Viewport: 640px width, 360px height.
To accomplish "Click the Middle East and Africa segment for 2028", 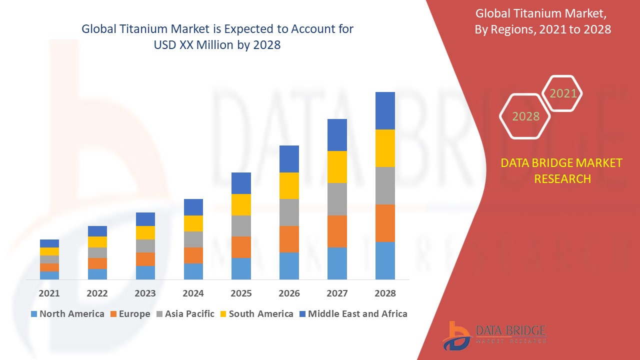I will point(385,110).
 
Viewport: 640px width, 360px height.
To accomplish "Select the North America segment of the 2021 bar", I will point(49,275).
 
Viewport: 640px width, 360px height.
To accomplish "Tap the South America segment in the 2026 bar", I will point(289,185).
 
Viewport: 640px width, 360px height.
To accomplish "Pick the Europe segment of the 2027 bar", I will point(337,231).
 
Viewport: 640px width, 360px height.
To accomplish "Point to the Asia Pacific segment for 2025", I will point(241,226).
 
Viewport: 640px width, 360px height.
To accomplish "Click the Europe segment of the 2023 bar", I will point(145,259).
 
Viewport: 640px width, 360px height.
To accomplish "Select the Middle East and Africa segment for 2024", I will point(193,207).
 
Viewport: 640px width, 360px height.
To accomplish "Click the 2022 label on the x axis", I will point(97,293).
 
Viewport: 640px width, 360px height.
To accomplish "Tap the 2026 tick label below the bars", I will point(289,293).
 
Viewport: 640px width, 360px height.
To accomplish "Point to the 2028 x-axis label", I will point(385,293).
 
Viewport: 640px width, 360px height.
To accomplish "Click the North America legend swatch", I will point(34,314).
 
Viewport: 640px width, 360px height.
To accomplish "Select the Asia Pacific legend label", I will point(189,314).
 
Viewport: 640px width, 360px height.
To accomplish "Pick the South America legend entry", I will point(261,314).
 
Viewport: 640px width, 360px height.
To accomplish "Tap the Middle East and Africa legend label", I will point(357,314).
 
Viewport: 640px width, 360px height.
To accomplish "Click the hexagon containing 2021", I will point(562,93).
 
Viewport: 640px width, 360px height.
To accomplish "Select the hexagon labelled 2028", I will point(525,116).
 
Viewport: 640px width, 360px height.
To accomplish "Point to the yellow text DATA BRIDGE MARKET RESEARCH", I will point(561,170).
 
